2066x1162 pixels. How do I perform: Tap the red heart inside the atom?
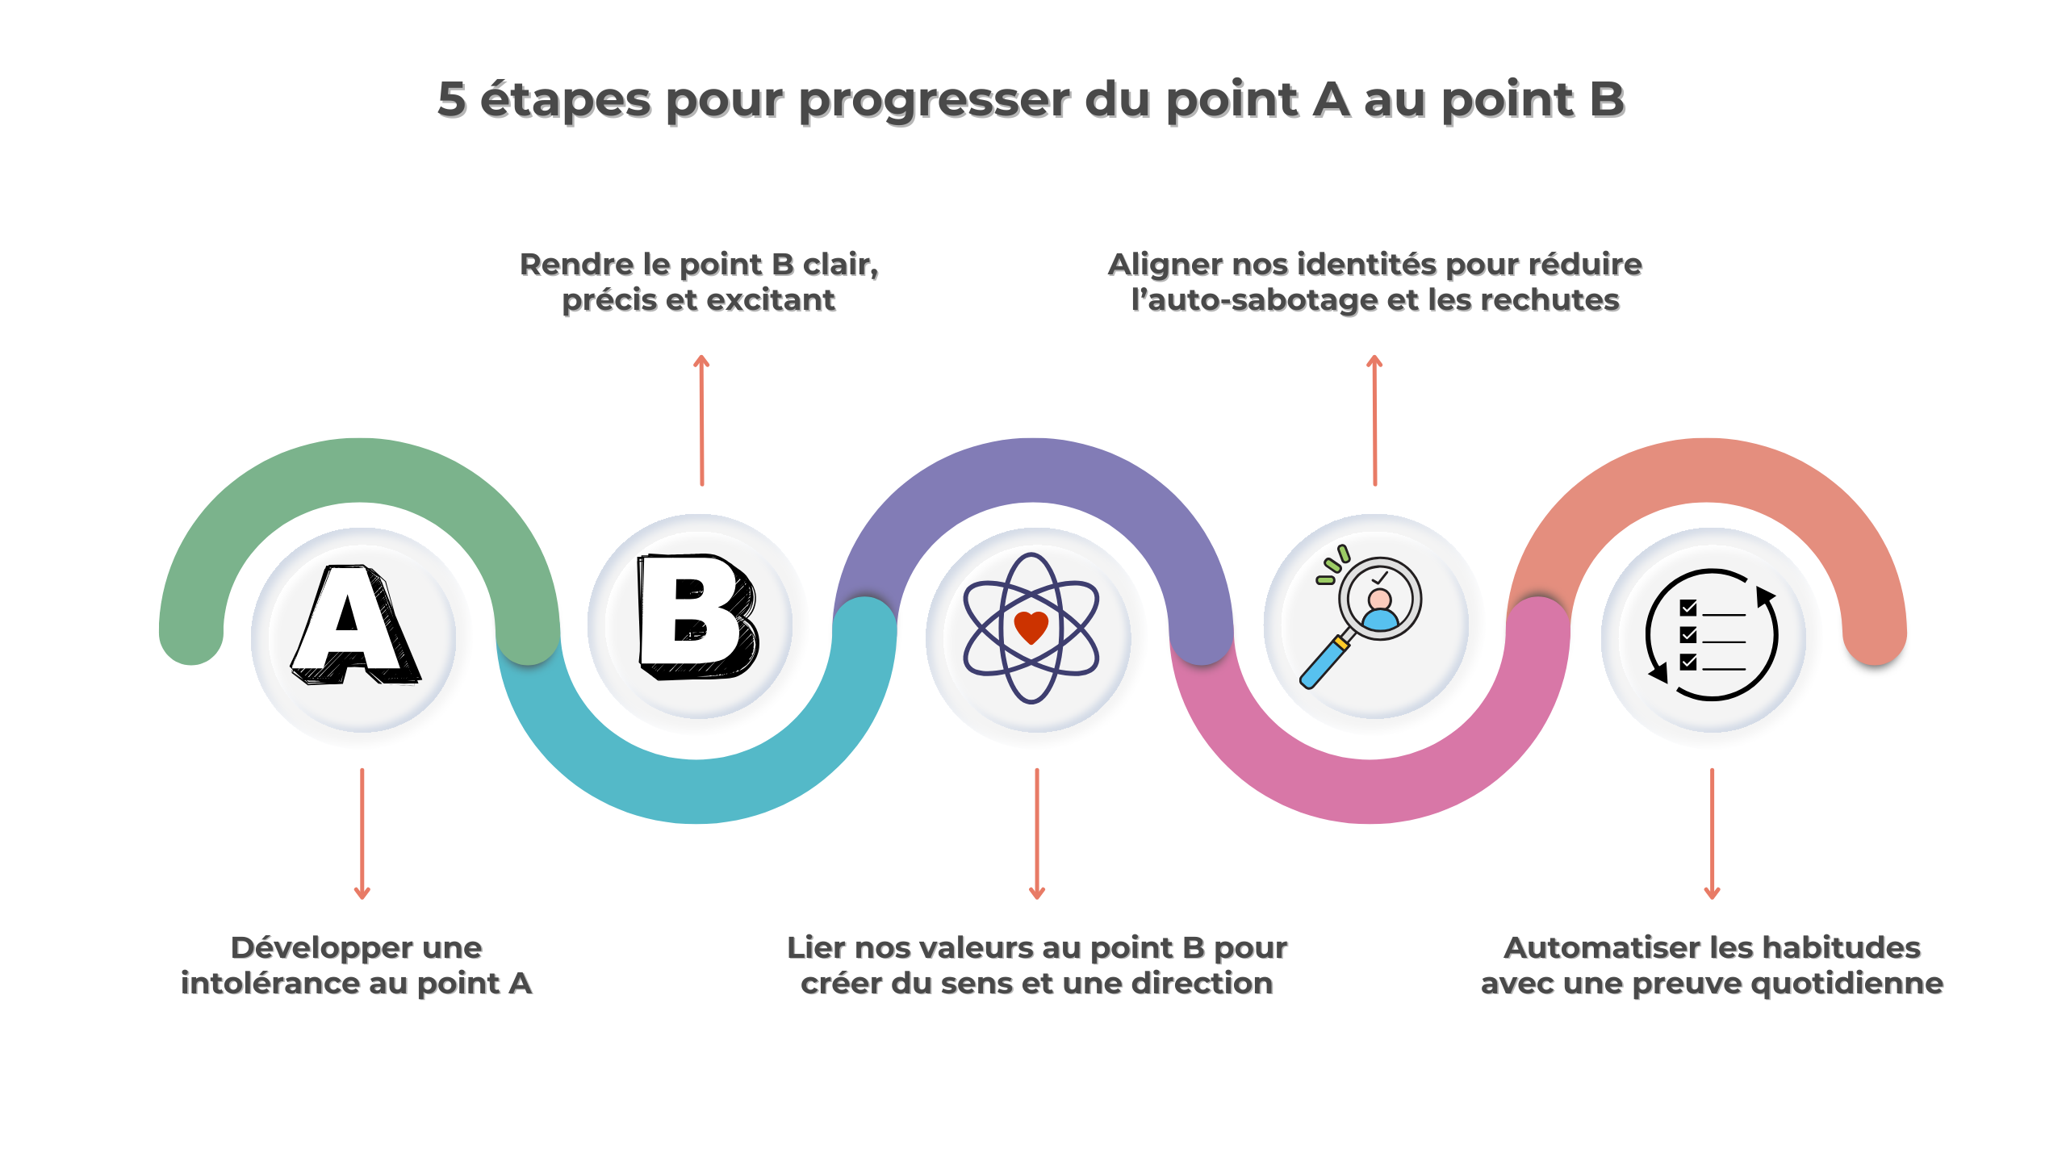1031,626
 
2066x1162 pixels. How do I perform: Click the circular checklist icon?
1711,634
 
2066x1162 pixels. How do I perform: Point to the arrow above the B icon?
701,420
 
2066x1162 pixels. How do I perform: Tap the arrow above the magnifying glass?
1374,420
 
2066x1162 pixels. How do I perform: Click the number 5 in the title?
452,100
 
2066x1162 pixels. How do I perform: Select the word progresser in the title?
935,102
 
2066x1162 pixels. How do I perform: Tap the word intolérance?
270,983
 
